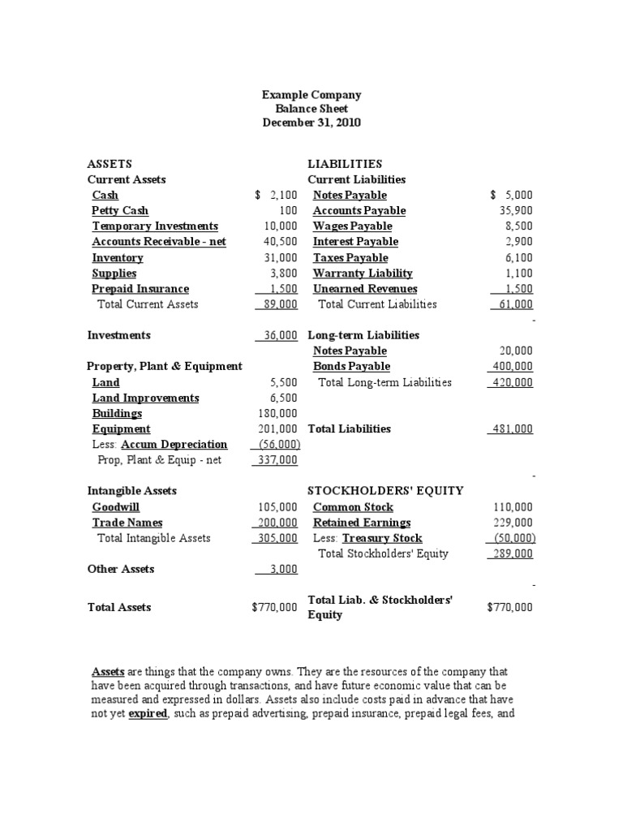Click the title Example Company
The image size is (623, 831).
pyautogui.click(x=311, y=95)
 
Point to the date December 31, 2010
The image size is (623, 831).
pyautogui.click(x=311, y=123)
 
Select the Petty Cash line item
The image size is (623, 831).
pyautogui.click(x=120, y=211)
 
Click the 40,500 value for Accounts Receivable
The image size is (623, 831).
pyautogui.click(x=281, y=242)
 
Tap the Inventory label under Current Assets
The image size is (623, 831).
pyautogui.click(x=118, y=258)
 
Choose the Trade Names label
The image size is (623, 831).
pyautogui.click(x=127, y=523)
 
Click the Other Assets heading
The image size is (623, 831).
pyautogui.click(x=120, y=570)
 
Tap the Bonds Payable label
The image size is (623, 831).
pyautogui.click(x=351, y=367)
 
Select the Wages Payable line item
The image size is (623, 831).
pyautogui.click(x=352, y=226)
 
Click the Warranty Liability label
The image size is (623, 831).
pyautogui.click(x=363, y=273)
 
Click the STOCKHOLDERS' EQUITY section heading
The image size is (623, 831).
pyautogui.click(x=385, y=491)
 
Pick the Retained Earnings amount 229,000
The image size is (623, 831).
pyautogui.click(x=513, y=523)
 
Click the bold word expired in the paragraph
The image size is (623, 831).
pyautogui.click(x=148, y=714)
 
